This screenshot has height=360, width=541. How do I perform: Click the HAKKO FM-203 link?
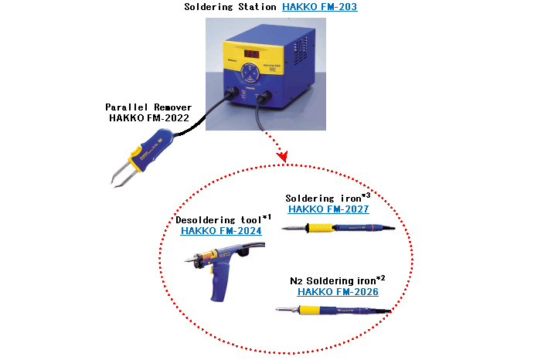pyautogui.click(x=319, y=6)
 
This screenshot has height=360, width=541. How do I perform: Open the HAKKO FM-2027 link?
pyautogui.click(x=328, y=209)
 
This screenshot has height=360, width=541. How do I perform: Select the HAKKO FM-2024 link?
pyautogui.click(x=221, y=231)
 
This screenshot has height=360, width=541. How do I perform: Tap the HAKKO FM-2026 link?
pyautogui.click(x=338, y=292)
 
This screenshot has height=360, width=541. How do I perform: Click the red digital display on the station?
pyautogui.click(x=252, y=54)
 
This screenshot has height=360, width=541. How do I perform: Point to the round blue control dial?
pyautogui.click(x=250, y=73)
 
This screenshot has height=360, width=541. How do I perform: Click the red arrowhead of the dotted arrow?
pyautogui.click(x=283, y=156)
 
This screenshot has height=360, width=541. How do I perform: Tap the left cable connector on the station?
pyautogui.click(x=231, y=93)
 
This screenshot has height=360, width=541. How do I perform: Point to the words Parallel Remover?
pyautogui.click(x=148, y=107)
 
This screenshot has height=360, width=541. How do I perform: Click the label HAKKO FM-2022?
pyautogui.click(x=149, y=118)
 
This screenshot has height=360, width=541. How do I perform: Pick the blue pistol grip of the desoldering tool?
pyautogui.click(x=219, y=284)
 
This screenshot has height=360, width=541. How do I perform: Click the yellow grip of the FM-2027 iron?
pyautogui.click(x=321, y=228)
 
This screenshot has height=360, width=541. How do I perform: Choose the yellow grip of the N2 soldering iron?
pyautogui.click(x=311, y=310)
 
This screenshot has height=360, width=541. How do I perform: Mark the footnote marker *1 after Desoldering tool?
pyautogui.click(x=267, y=217)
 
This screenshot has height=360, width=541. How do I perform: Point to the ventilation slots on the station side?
pyautogui.click(x=300, y=52)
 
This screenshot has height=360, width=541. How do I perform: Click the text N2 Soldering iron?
pyautogui.click(x=332, y=281)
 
